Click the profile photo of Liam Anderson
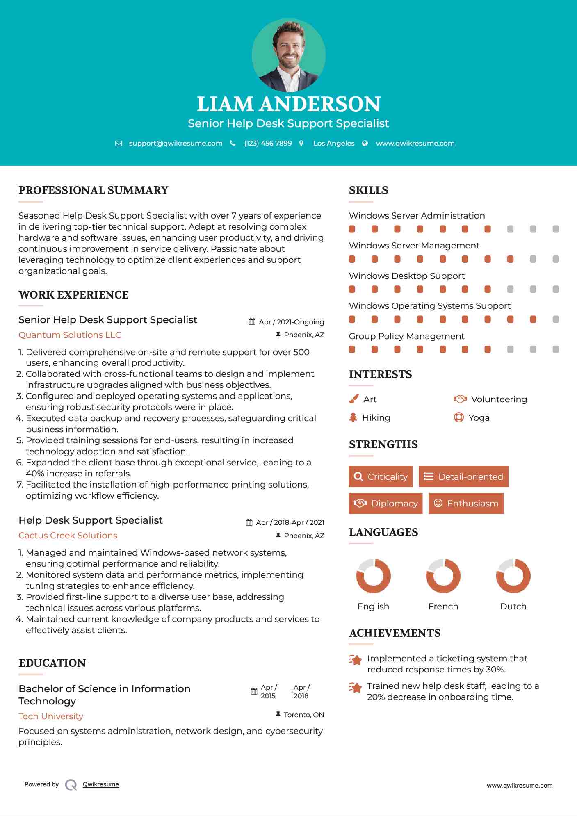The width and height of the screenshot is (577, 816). point(288,55)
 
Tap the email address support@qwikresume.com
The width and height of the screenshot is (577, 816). point(176,143)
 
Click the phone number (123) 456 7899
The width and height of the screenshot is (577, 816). point(268,143)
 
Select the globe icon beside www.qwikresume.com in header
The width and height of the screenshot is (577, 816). point(365,143)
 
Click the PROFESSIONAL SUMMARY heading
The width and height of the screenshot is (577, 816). point(94,190)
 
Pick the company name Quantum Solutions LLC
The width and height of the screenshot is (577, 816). point(70,335)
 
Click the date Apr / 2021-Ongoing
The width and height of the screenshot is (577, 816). point(291,322)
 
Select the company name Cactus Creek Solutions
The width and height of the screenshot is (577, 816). point(68,536)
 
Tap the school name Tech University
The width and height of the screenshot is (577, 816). point(51,716)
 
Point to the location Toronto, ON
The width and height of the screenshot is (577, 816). point(303,715)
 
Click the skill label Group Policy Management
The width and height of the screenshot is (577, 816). point(406,336)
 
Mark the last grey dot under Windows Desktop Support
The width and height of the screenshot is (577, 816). point(556,289)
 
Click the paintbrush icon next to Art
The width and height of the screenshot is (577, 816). point(353,399)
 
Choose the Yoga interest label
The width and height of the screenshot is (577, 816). point(479,418)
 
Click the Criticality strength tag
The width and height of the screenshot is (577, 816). point(381,476)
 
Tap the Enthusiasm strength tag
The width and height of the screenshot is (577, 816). point(466,504)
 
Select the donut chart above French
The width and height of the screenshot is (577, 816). point(443,576)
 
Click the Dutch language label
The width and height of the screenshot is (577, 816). point(513,606)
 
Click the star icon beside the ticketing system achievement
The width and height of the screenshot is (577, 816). point(356,660)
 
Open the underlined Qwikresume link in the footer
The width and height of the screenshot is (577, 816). point(101,784)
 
